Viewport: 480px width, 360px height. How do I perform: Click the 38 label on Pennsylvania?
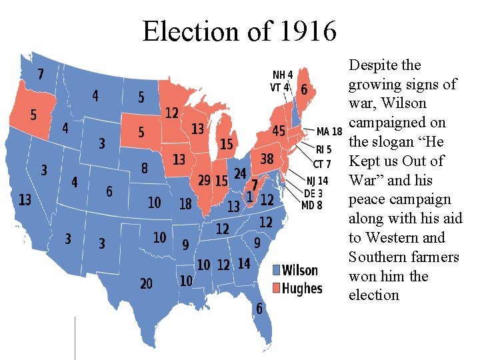coord(267,159)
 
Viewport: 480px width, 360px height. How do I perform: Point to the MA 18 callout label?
coord(329,131)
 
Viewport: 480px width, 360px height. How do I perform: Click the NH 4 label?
coord(282,75)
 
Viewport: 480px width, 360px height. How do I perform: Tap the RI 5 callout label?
coord(323,149)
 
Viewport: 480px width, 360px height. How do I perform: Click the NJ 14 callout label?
coord(317,181)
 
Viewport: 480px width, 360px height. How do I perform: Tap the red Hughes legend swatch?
coord(277,288)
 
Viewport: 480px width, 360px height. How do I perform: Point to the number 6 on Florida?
coord(259,309)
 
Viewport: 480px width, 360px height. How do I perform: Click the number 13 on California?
coord(25,199)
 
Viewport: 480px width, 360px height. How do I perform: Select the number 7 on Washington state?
coord(41,73)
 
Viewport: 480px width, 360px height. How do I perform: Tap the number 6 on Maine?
coord(305,89)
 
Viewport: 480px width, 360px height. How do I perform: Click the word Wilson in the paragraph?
coord(409,103)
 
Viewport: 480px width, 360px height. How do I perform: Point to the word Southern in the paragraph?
coord(378,257)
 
